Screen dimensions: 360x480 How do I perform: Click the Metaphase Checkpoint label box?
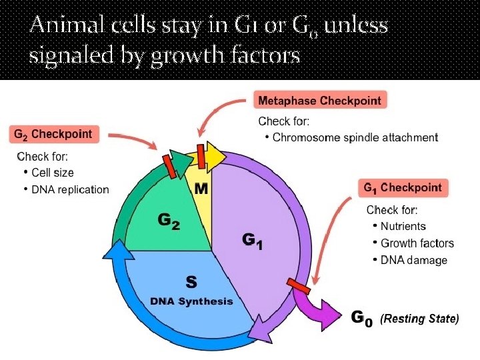[x=321, y=101]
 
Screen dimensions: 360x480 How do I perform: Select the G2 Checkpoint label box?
[x=53, y=133]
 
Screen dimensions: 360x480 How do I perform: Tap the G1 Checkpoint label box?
[x=403, y=187]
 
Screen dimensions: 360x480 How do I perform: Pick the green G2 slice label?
[x=167, y=220]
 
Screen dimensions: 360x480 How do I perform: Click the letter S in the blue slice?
[x=191, y=282]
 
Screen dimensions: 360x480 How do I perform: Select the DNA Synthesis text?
[x=191, y=301]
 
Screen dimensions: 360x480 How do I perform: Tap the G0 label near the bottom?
[x=361, y=319]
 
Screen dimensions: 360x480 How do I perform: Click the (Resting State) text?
[x=419, y=319]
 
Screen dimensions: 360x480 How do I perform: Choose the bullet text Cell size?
[x=53, y=173]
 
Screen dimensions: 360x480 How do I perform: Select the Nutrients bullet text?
[x=403, y=227]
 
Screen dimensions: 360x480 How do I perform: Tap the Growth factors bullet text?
[x=417, y=243]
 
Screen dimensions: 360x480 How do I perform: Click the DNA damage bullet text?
[x=413, y=260]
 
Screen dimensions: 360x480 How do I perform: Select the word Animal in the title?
[x=62, y=27]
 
